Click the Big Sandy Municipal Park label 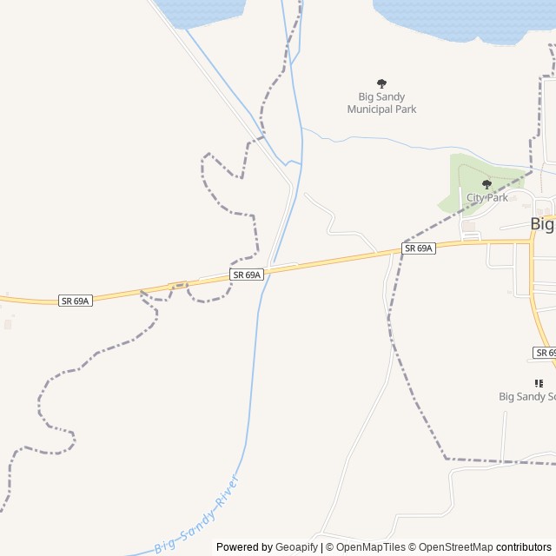click(x=381, y=103)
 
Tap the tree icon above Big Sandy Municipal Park click(x=381, y=83)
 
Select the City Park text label click(x=487, y=198)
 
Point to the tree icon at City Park click(x=486, y=184)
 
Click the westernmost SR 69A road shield click(x=75, y=301)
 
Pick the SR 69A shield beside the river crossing click(x=247, y=275)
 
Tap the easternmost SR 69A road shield click(x=419, y=248)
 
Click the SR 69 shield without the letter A click(x=544, y=353)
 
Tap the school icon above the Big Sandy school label click(x=539, y=382)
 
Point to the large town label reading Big click(x=542, y=224)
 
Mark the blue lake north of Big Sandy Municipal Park click(x=460, y=17)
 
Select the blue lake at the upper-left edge click(x=198, y=10)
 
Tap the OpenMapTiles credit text click(x=370, y=547)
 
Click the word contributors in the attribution click(x=524, y=547)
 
